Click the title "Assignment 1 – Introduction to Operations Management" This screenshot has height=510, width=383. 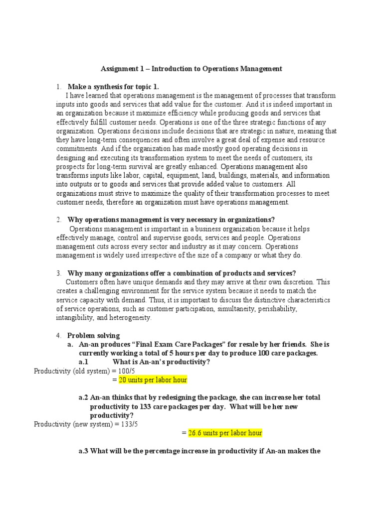191,69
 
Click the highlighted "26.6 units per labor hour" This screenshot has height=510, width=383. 225,433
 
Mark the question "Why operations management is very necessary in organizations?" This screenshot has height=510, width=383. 171,220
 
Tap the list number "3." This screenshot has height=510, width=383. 59,273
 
